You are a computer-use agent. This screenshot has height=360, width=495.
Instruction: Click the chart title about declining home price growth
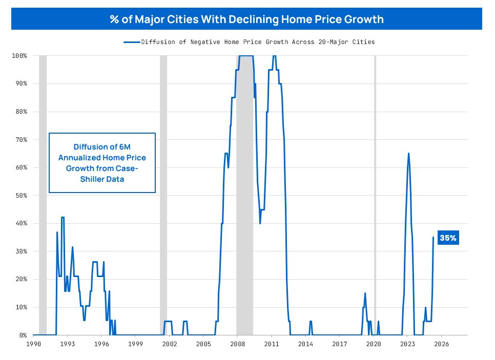coord(247,19)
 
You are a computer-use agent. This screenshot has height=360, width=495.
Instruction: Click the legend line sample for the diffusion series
coord(132,42)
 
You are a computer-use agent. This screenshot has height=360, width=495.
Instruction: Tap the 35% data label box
coord(448,238)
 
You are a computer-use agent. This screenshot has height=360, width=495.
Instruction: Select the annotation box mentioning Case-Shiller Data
coord(102,163)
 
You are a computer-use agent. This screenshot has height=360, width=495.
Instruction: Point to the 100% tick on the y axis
coord(19,55)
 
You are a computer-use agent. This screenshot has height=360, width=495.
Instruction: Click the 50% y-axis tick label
coord(21,196)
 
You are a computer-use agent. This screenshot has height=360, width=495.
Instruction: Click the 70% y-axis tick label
coord(21,139)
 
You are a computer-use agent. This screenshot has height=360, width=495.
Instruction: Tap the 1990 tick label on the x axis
coord(33,344)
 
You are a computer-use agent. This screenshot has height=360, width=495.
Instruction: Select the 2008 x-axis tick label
coord(237,344)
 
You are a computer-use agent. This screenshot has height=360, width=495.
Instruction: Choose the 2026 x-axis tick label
coord(441,344)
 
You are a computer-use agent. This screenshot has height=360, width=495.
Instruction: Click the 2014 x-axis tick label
coord(305,344)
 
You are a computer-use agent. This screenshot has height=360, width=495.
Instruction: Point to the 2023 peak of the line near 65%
coord(408,154)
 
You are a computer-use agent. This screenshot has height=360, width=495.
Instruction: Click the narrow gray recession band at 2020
coord(375,195)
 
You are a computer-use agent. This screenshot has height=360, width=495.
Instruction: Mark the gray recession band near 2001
coord(163,195)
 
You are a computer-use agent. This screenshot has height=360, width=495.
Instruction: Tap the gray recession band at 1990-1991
coord(43,195)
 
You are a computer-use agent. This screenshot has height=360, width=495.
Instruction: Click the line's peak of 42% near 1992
coord(63,218)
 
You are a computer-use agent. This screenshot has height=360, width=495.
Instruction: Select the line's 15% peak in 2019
coord(365,293)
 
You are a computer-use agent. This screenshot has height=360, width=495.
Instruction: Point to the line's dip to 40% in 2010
coord(260,223)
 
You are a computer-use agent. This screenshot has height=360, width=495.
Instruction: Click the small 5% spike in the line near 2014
coord(311,322)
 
